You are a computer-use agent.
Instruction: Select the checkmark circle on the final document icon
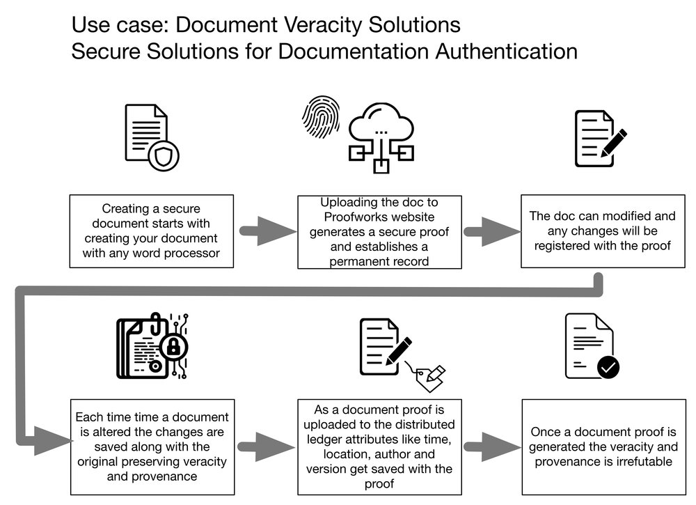608,366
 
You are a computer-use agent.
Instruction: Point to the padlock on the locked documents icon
171,346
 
